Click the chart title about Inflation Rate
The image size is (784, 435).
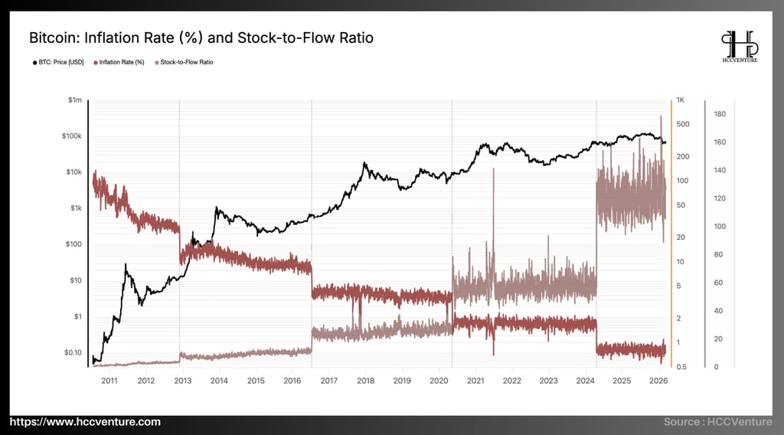click(x=201, y=37)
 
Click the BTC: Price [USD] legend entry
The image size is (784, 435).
click(x=58, y=62)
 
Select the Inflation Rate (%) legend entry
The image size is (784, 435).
click(x=119, y=62)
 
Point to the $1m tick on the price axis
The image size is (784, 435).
click(x=74, y=100)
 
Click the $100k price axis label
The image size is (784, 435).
click(x=71, y=136)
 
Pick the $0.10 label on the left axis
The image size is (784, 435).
click(x=72, y=352)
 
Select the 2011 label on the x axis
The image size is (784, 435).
click(x=109, y=380)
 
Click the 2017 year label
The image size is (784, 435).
click(x=329, y=380)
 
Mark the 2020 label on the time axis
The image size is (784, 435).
click(x=439, y=380)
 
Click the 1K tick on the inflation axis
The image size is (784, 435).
click(x=681, y=100)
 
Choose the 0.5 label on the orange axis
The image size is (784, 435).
click(x=681, y=367)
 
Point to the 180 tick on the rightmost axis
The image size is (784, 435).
click(x=720, y=114)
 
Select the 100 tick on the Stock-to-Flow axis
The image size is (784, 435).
click(x=720, y=227)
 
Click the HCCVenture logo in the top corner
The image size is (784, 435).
click(x=740, y=46)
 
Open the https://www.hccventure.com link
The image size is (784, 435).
click(x=85, y=422)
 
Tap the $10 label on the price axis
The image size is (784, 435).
click(x=74, y=280)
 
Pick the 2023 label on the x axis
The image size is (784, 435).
click(x=549, y=380)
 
